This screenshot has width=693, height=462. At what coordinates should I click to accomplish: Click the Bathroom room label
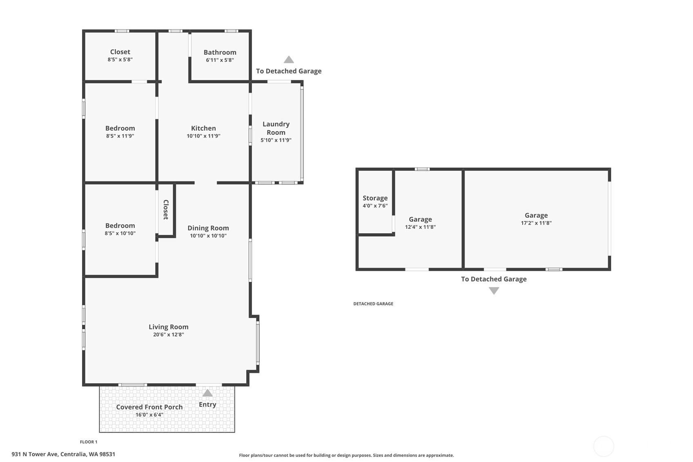220,52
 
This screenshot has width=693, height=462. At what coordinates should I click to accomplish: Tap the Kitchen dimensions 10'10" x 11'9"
203,136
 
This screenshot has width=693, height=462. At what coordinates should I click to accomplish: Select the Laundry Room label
276,128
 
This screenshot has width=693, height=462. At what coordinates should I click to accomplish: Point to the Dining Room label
208,228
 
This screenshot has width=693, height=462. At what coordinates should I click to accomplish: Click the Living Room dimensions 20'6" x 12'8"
169,335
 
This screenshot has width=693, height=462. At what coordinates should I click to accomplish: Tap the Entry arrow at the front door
207,393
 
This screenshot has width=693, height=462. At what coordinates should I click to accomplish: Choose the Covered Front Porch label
149,407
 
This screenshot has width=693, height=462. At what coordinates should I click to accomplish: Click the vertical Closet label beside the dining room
166,210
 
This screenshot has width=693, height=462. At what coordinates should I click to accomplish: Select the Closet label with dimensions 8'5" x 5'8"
120,52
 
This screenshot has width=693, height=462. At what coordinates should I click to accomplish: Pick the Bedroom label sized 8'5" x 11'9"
120,128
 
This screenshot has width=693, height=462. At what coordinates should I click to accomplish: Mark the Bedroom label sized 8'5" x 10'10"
120,225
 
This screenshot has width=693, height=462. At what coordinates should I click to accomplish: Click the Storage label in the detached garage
375,198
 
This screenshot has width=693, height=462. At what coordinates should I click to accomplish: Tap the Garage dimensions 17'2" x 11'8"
536,223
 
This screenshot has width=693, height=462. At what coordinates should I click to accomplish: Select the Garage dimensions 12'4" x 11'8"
421,227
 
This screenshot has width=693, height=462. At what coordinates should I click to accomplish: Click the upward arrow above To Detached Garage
289,59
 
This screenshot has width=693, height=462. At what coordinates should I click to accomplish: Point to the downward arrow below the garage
494,291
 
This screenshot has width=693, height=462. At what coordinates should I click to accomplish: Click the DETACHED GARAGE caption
373,304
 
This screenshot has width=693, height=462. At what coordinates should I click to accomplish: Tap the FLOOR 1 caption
89,442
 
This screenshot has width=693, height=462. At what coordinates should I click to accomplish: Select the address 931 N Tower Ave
35,454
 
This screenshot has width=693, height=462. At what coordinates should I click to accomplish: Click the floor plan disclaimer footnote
346,455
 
